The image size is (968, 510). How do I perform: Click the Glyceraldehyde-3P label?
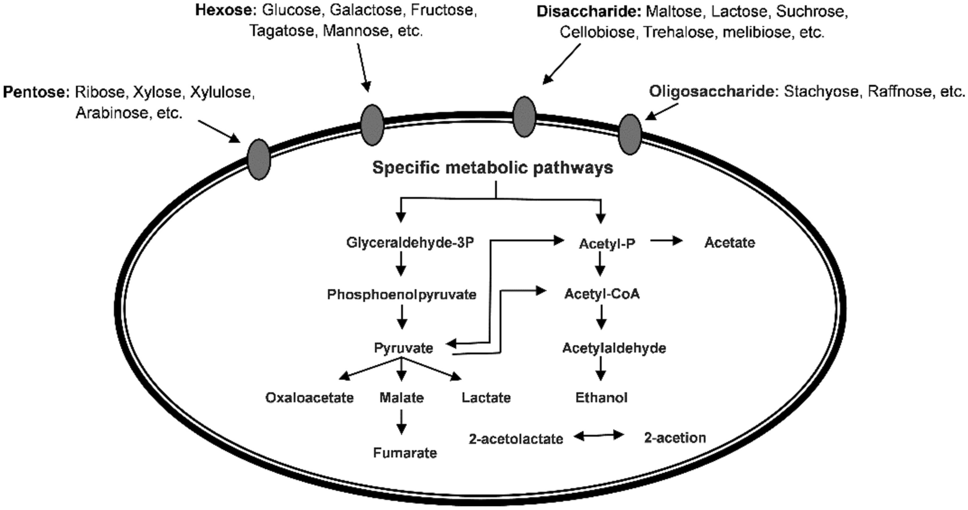point(410,243)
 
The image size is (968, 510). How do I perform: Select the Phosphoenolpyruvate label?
point(402,295)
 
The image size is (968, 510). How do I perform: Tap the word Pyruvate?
point(403,348)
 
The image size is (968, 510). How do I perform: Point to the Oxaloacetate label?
point(309,398)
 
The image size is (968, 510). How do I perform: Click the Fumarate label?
point(405,453)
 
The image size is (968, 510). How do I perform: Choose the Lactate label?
point(486,398)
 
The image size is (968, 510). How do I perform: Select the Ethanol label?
point(601,398)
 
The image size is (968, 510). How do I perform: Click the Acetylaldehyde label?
point(614,348)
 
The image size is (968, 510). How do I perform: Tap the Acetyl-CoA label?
point(602,294)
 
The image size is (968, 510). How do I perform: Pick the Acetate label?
point(730,243)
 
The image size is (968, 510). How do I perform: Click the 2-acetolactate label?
point(516,439)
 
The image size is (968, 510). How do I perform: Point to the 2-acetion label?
point(675,438)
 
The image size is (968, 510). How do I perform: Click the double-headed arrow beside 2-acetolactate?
point(599,436)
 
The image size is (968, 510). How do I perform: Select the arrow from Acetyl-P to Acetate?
point(667,241)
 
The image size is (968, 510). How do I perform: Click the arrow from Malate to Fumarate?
point(402,422)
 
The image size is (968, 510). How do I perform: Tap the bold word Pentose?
point(36,92)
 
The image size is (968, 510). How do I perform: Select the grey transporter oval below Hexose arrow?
point(372,125)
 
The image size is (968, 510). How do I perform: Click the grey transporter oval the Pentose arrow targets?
point(259,159)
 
